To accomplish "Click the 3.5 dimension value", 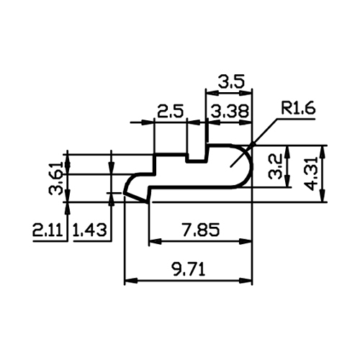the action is point(231,81).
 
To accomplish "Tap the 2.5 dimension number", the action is point(171,112).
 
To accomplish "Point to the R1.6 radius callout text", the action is point(298,109).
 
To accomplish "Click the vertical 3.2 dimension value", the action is point(275,166).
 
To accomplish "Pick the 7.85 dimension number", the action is point(201,230).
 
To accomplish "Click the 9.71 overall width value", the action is point(188,269).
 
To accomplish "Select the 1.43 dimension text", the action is point(89,230).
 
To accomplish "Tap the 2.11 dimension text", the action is point(48,230).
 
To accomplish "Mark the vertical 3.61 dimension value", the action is point(56,178).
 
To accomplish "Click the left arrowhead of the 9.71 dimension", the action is point(131,280).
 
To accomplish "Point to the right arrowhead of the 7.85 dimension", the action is point(246,241).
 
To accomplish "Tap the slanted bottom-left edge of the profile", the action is point(135,197).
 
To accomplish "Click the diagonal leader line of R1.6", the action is point(254,143).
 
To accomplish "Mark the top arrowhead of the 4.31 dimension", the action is point(323,152).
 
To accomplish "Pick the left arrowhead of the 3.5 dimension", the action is point(212,92).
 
